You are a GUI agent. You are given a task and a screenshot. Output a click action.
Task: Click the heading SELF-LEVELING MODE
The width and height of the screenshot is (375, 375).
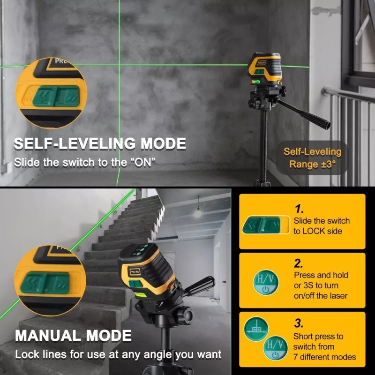coord(100,144)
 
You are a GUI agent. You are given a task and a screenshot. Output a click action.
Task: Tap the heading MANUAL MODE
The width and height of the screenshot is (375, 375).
coord(74,336)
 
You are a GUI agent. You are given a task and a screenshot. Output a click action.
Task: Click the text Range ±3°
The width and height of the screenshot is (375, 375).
coord(312,165)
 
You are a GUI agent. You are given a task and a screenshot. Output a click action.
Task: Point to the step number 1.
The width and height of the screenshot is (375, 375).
coord(299,209)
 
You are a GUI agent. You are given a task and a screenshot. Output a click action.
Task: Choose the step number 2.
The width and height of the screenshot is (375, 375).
coord(299,263)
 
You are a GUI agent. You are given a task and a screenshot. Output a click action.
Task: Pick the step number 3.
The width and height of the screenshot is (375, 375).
coord(299,323)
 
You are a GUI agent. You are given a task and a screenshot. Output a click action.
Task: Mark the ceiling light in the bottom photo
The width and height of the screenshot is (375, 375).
coord(198,213)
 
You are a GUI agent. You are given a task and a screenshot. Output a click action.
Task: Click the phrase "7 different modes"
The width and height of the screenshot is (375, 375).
coord(324,357)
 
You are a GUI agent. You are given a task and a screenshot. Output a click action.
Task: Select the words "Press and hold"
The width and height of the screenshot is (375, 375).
coord(321,275)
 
